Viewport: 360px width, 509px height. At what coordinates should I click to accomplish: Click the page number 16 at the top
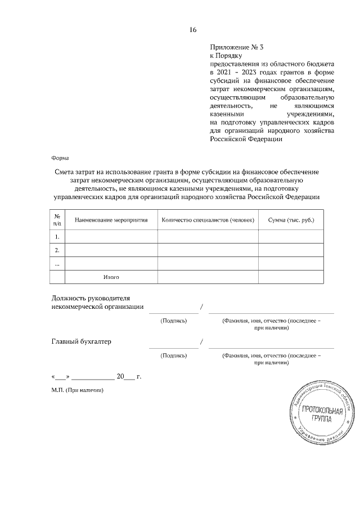[x=193, y=29]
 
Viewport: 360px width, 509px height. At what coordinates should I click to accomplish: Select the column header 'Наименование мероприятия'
[x=111, y=220]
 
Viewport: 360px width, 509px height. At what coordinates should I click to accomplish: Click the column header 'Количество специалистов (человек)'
[x=208, y=220]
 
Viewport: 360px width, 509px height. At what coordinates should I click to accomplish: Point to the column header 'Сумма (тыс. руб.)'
[x=291, y=220]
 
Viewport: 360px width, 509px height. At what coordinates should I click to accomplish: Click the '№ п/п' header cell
[x=57, y=220]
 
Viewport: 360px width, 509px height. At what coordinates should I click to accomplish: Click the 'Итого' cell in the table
[x=111, y=277]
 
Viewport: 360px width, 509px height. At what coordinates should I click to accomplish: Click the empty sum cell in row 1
[x=291, y=236]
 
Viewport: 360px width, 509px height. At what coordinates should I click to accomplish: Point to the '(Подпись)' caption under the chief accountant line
[x=174, y=355]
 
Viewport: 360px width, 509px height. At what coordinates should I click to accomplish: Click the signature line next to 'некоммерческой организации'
[x=174, y=312]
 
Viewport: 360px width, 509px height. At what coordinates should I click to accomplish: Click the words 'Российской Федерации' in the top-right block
[x=245, y=139]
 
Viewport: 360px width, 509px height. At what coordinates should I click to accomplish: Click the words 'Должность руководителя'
[x=91, y=298]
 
